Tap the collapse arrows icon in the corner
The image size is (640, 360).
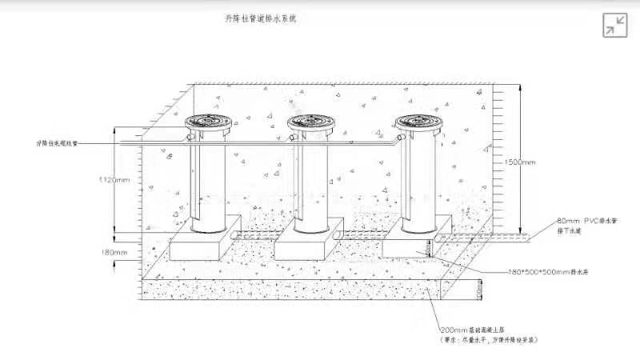click(x=614, y=25)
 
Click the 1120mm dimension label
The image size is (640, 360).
click(x=112, y=180)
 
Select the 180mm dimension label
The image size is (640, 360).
click(x=114, y=253)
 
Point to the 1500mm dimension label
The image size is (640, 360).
click(x=520, y=162)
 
